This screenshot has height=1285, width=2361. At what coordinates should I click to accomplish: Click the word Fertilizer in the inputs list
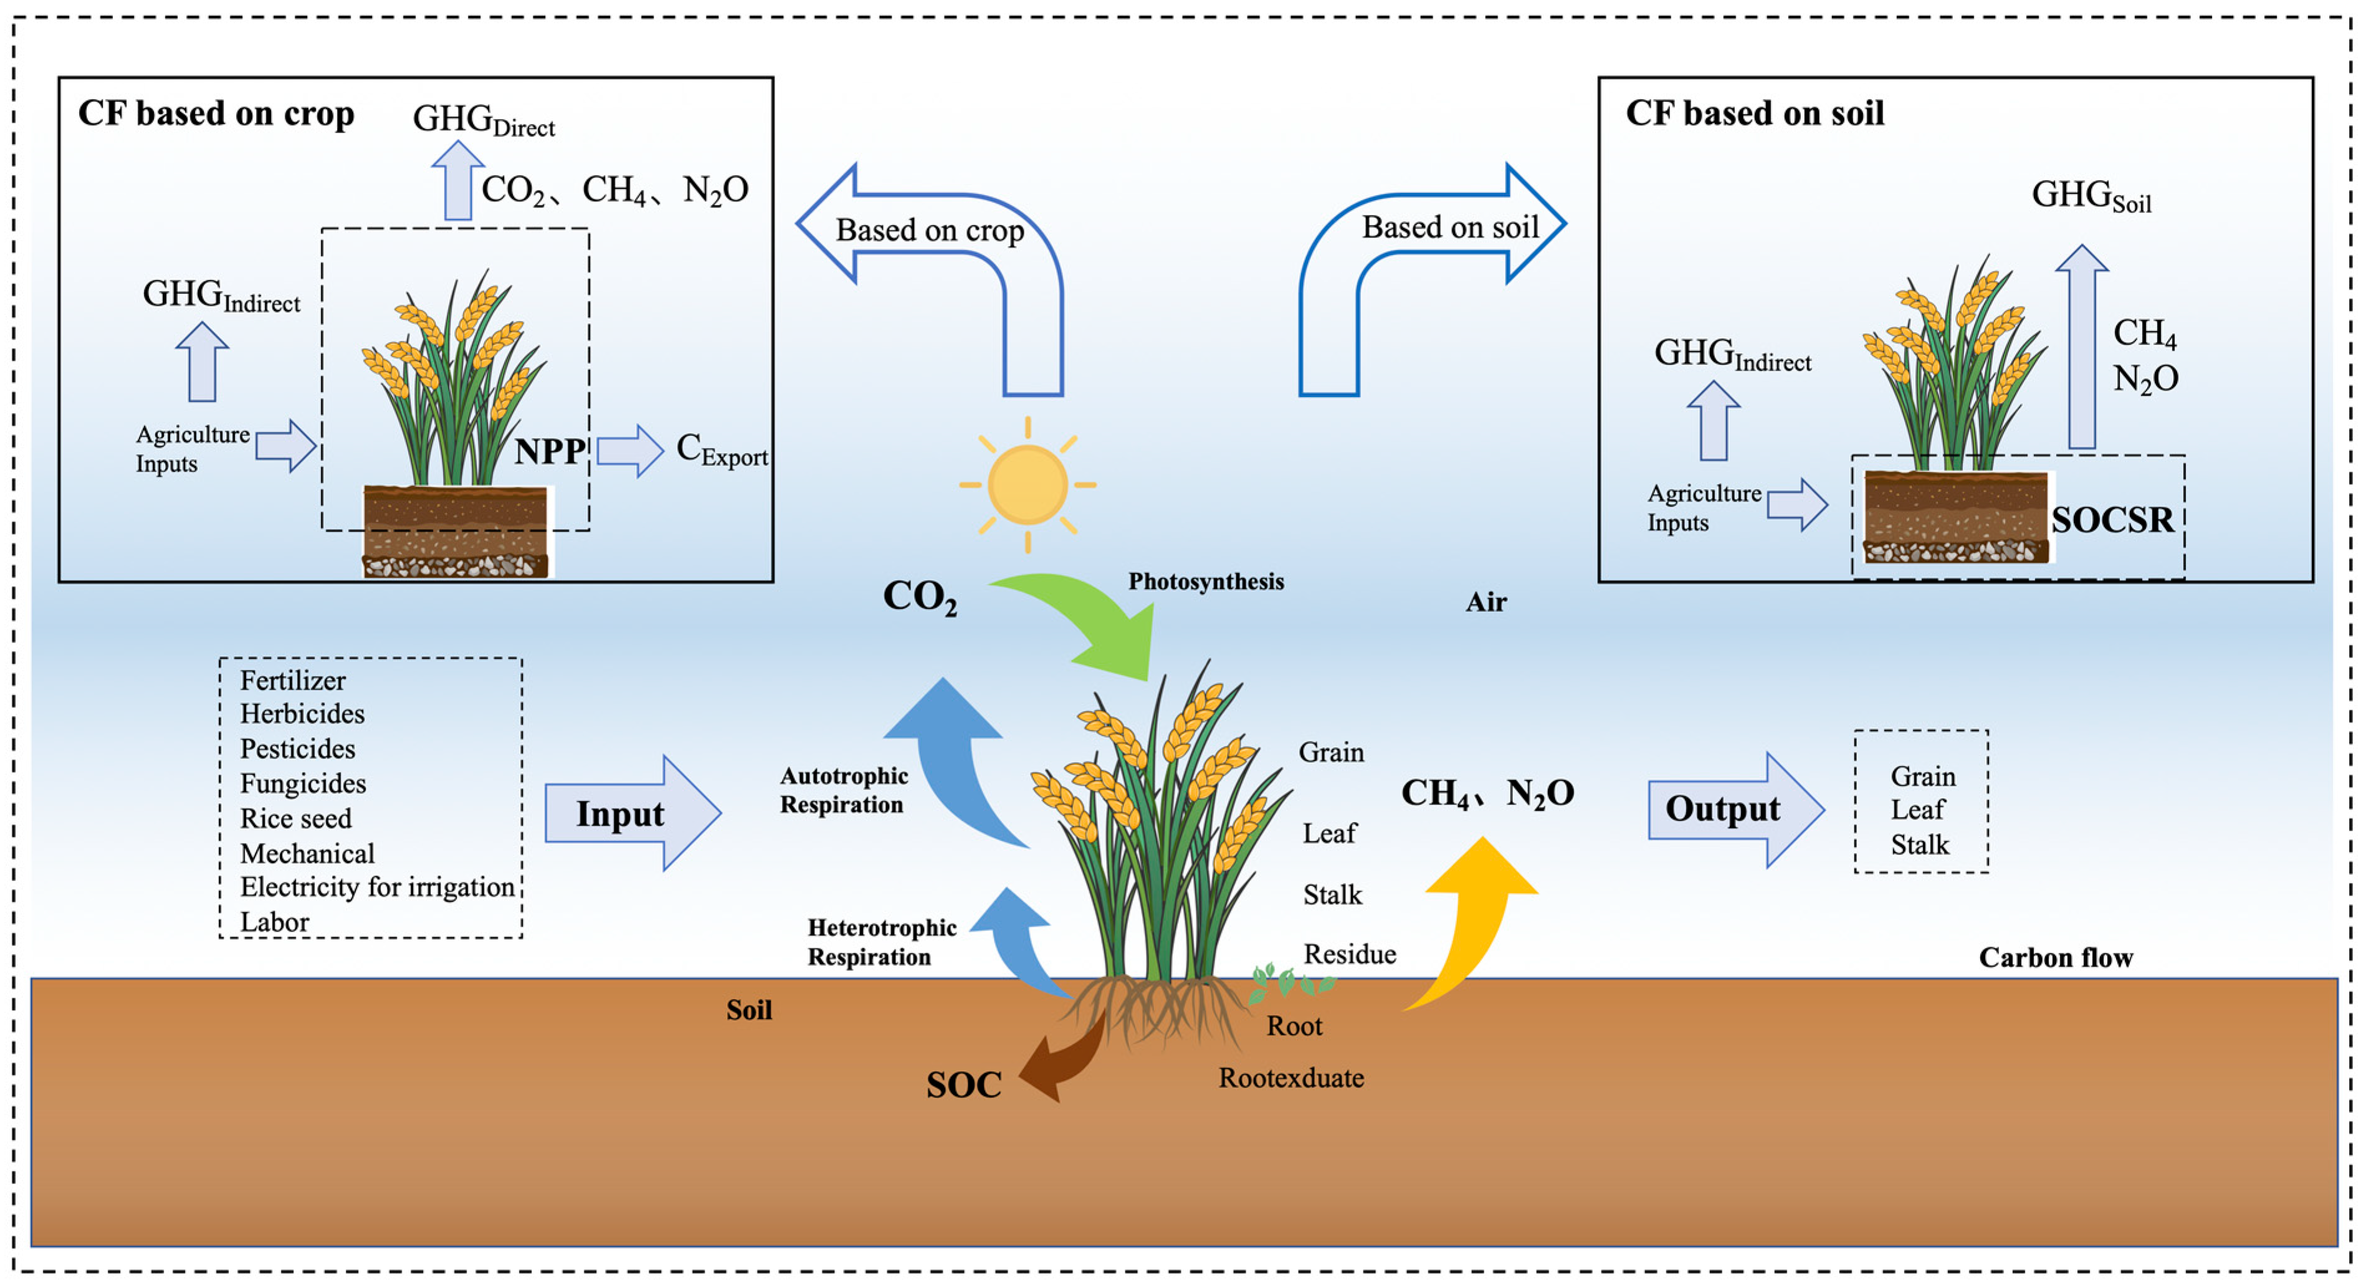tap(292, 681)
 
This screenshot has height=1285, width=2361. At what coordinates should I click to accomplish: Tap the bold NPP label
tap(549, 451)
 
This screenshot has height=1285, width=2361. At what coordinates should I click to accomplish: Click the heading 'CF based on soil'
tap(1754, 113)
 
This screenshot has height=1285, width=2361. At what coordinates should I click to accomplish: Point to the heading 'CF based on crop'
tap(216, 113)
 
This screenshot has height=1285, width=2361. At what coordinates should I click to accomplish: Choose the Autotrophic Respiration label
tap(843, 790)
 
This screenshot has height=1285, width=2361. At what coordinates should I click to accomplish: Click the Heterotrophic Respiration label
tap(881, 942)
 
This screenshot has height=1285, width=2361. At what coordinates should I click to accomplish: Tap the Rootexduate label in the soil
tap(1290, 1078)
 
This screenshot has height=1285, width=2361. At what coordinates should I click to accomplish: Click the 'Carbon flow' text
tap(2055, 958)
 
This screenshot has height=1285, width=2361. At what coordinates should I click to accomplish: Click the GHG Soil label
tap(2091, 195)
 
